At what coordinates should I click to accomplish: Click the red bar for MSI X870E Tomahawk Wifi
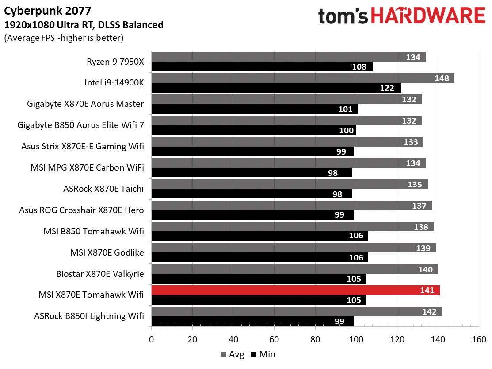point(295,291)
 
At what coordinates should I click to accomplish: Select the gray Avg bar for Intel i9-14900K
point(303,78)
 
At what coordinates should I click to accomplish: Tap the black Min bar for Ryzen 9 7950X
point(262,66)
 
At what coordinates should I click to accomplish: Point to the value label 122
point(387,88)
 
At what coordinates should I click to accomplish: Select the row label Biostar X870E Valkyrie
point(100,274)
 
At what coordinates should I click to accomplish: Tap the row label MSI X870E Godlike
point(107,252)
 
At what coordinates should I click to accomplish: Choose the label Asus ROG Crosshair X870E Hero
point(81,210)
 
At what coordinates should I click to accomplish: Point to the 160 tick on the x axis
point(479,339)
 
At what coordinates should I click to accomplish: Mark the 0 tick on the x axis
point(152,339)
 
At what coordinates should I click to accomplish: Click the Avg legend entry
point(232,354)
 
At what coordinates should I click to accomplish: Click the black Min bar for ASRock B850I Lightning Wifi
point(252,322)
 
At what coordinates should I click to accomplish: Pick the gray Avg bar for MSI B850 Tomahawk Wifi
point(293,227)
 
